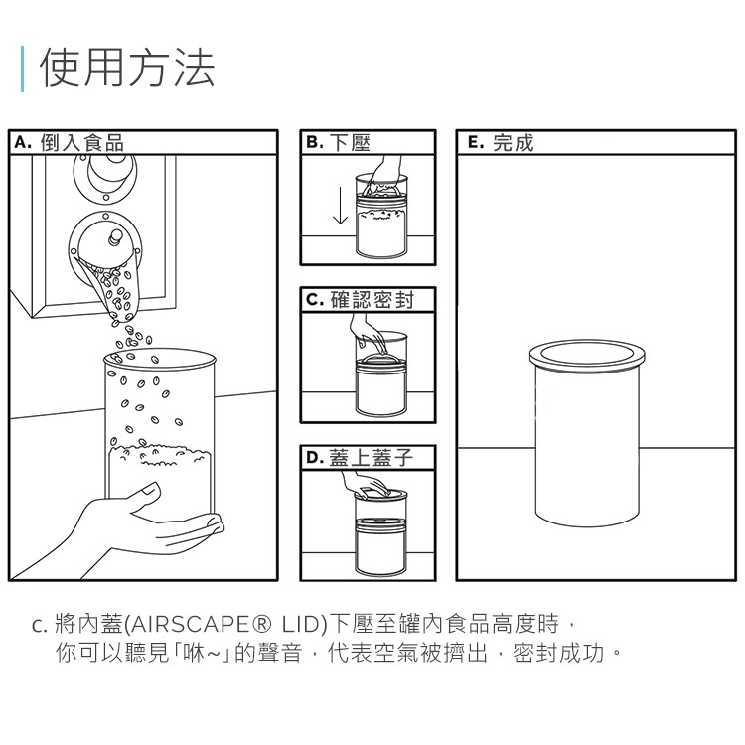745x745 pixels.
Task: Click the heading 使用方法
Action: pyautogui.click(x=126, y=69)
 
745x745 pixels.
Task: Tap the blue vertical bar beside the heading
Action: pyautogui.click(x=22, y=69)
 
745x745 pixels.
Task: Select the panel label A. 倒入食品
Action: pyautogui.click(x=69, y=143)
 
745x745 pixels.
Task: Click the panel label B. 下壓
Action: pyautogui.click(x=338, y=143)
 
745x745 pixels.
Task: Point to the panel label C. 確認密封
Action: pyautogui.click(x=359, y=299)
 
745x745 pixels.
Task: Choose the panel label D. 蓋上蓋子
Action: pyautogui.click(x=358, y=458)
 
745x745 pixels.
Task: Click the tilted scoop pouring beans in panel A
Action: pyautogui.click(x=109, y=278)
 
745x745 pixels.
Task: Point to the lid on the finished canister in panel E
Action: pyautogui.click(x=588, y=353)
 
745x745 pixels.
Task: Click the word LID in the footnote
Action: pyautogui.click(x=304, y=625)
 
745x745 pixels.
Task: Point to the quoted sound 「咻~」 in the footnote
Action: pyautogui.click(x=204, y=655)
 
